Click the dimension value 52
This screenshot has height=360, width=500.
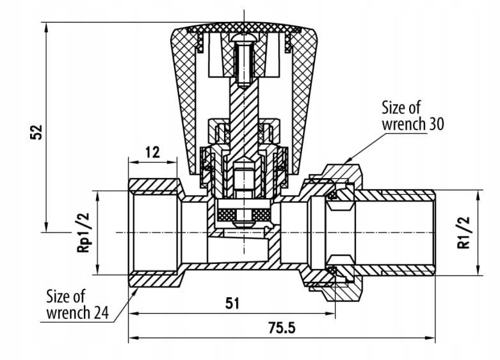point(36,132)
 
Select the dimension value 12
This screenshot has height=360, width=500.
point(152,152)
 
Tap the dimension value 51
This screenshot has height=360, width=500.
point(232,303)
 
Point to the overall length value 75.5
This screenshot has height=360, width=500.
point(282,328)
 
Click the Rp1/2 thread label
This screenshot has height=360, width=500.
point(83,233)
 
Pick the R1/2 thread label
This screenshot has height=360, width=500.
point(464,233)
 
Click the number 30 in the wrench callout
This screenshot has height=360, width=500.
point(436,124)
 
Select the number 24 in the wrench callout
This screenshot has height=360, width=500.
point(101,313)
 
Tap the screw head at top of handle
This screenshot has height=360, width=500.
point(244,37)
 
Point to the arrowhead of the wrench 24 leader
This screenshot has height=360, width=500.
point(134,291)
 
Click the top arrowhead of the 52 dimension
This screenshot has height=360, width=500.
point(47,27)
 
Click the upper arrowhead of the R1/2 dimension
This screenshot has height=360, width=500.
point(478,195)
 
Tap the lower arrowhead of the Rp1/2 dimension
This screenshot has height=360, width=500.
point(97,270)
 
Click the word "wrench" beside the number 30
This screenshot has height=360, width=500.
point(404,124)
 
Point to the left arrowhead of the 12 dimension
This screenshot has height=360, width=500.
point(133,162)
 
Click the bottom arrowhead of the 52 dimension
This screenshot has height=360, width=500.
point(47,227)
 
